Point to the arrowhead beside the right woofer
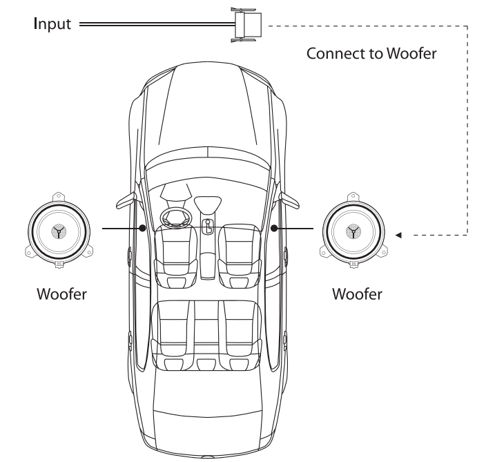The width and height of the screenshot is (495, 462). click(398, 234)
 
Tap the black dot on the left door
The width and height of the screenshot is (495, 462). click(142, 227)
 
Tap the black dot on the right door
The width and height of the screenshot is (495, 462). click(275, 227)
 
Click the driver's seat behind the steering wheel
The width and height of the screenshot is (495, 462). click(173, 252)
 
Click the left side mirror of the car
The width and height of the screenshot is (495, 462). click(126, 201)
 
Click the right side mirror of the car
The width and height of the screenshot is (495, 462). click(289, 201)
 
